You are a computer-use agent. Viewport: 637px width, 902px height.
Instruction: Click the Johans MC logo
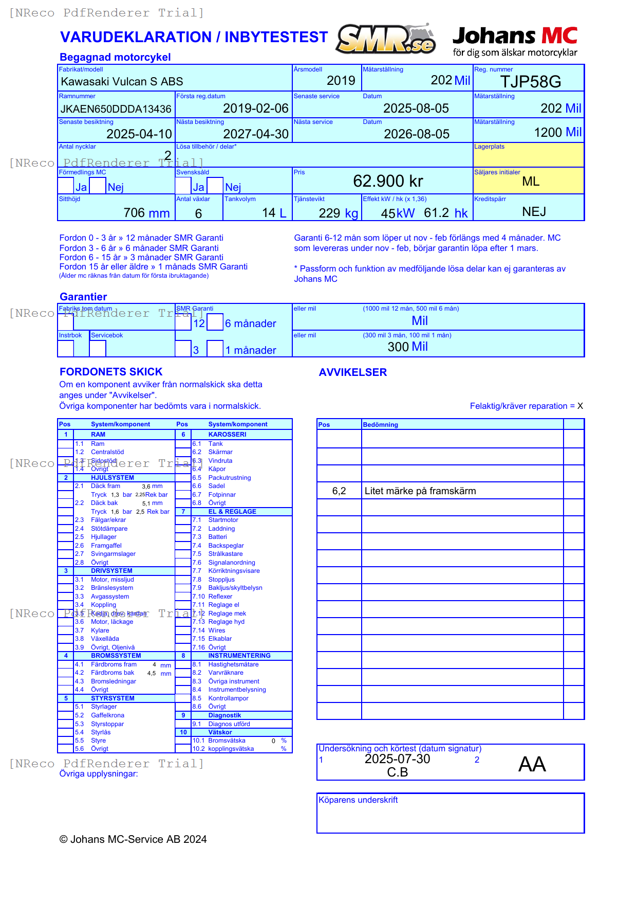[x=515, y=41]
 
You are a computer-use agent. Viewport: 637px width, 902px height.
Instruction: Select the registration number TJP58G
[x=530, y=82]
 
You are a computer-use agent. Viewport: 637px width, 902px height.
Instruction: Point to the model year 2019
[x=341, y=81]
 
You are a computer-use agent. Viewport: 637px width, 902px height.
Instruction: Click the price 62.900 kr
[x=388, y=181]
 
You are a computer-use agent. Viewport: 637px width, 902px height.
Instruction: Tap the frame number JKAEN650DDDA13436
[x=116, y=109]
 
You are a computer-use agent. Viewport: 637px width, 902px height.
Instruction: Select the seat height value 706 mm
[x=146, y=213]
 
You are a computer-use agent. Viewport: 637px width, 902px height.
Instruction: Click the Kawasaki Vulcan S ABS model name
[x=122, y=82]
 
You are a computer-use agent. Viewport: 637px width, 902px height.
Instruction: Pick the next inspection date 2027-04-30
[x=256, y=134]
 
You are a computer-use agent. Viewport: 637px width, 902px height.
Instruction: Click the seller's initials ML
[x=530, y=182]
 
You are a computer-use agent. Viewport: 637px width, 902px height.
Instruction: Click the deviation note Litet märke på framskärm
[x=420, y=491]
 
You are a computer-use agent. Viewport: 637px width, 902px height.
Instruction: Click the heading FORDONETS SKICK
[x=111, y=372]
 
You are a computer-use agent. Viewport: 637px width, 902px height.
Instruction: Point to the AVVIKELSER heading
[x=352, y=372]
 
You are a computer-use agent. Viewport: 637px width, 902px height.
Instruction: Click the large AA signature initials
[x=532, y=764]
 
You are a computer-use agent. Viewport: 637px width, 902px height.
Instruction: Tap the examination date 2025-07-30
[x=397, y=759]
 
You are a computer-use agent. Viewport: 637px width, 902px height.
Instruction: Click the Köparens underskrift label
[x=358, y=800]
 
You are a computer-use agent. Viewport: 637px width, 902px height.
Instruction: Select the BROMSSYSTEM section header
[x=116, y=656]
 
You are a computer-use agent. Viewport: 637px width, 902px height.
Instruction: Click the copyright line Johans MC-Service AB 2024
[x=133, y=839]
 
